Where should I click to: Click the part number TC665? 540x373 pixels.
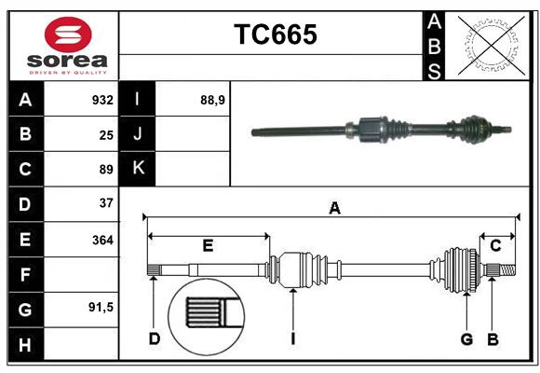tap(275, 35)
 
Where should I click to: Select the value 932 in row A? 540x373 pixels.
tap(102, 100)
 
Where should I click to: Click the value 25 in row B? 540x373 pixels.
tap(106, 134)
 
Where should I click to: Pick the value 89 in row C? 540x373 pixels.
tap(106, 170)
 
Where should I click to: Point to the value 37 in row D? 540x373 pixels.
tap(106, 202)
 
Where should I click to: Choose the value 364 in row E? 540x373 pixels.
tap(102, 240)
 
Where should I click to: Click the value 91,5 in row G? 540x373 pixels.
tap(101, 307)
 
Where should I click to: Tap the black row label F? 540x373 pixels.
tap(26, 274)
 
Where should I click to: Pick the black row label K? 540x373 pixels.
tap(138, 168)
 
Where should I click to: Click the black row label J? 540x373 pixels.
tap(138, 134)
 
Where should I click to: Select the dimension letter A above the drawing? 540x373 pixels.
tap(334, 209)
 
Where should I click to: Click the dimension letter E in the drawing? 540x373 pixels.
tap(208, 245)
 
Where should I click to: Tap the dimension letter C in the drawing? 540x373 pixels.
tap(495, 245)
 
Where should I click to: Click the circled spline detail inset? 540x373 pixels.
tap(206, 313)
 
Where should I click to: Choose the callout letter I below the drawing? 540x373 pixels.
tap(292, 338)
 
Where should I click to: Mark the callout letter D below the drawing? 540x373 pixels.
tap(155, 338)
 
